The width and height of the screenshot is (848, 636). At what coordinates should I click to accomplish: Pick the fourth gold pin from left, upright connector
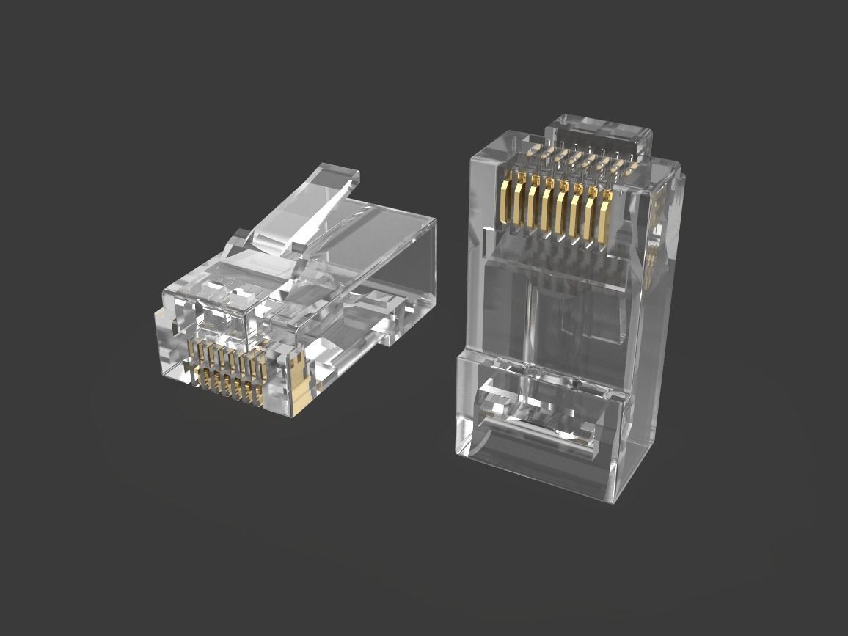click(546, 204)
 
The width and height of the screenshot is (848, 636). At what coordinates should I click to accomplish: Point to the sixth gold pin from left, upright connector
click(576, 208)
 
